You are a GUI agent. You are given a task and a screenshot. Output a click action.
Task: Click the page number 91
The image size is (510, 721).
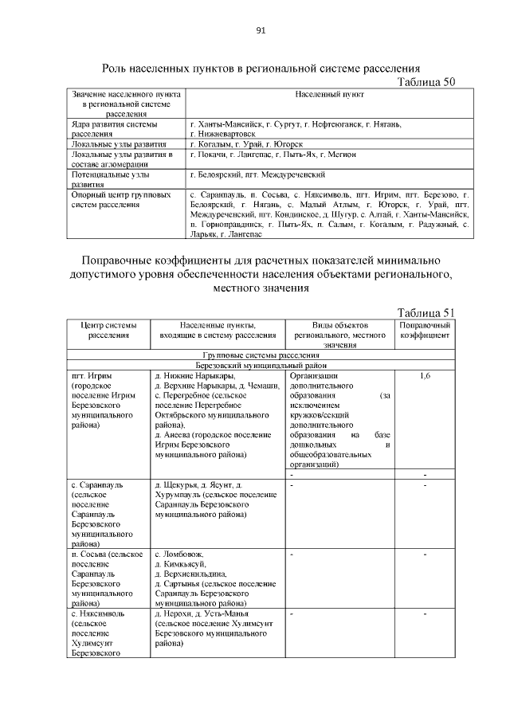pos(260,31)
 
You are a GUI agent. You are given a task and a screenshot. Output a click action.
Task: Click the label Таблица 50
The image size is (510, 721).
pos(426,82)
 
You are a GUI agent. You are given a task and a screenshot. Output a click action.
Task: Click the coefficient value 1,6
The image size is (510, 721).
pos(425,374)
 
